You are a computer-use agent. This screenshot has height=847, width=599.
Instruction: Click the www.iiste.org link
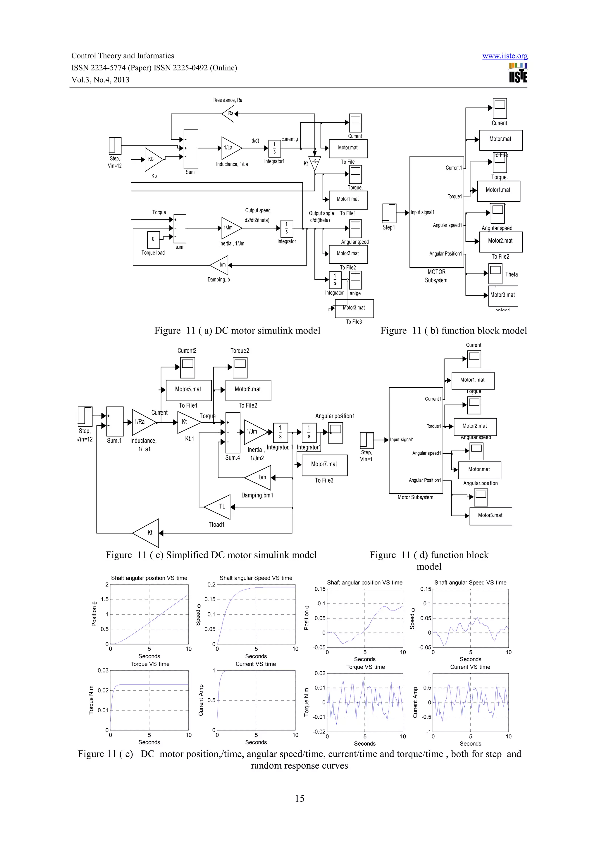(x=505, y=56)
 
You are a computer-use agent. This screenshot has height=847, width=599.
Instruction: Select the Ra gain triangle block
(x=229, y=114)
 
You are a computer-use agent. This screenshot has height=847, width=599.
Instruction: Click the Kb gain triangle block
(x=152, y=159)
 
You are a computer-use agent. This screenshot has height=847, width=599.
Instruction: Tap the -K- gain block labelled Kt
(x=314, y=162)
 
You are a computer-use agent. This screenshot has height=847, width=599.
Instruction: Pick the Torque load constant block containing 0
(x=153, y=239)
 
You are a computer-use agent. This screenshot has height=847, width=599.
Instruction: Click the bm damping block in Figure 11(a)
(x=220, y=265)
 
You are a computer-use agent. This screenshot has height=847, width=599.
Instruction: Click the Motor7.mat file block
(x=324, y=465)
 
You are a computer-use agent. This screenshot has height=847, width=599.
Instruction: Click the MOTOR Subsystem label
(x=436, y=276)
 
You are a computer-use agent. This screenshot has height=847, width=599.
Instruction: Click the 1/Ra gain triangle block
(x=142, y=422)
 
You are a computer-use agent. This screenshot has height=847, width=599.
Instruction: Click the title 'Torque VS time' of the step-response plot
(x=150, y=664)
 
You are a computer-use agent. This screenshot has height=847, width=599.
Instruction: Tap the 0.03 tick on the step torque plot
(x=103, y=671)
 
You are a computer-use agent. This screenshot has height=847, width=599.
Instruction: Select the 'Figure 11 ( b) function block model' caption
(x=454, y=331)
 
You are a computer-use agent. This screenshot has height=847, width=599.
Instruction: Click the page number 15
(x=299, y=799)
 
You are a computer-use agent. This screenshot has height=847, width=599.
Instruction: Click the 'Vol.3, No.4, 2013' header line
(x=100, y=80)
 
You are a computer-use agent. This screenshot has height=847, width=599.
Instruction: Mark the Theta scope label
(x=511, y=274)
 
